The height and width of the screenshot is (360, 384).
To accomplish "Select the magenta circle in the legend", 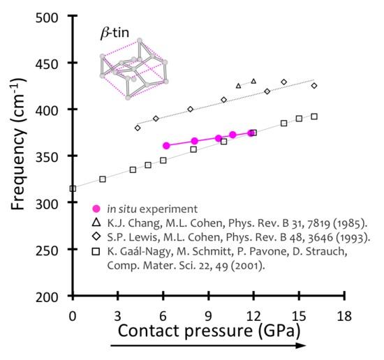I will (96, 209).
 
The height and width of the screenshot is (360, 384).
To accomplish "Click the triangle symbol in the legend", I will (96, 223).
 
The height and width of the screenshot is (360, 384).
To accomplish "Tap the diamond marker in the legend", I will (96, 237).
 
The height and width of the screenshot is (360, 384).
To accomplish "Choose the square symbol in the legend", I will (96, 252).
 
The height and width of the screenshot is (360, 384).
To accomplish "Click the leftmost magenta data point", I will (166, 146).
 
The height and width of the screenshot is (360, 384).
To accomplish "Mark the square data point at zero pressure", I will (73, 188).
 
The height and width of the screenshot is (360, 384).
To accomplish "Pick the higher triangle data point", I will (253, 81).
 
